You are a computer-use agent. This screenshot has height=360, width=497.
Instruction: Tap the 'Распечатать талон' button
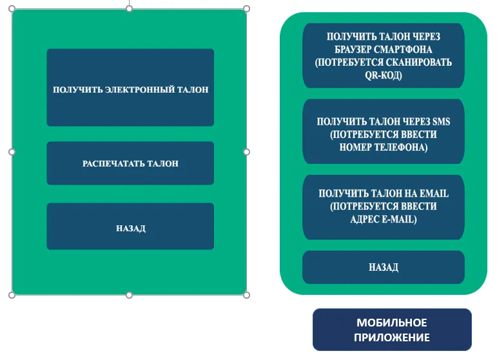click(x=130, y=163)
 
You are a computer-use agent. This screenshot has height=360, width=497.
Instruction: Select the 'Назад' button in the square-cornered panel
click(x=130, y=226)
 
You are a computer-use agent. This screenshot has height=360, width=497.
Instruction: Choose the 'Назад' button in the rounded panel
click(x=384, y=267)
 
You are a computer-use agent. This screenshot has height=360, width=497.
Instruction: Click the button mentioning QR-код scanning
click(x=384, y=56)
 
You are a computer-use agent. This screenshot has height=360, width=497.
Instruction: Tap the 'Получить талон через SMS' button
click(x=384, y=132)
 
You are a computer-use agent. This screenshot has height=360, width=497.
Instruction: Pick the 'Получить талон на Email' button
click(x=384, y=207)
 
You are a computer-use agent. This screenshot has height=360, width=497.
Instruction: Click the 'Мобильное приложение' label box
click(x=392, y=330)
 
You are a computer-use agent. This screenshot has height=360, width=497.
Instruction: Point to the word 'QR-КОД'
click(x=383, y=75)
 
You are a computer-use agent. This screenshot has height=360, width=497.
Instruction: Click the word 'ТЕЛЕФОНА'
click(x=405, y=148)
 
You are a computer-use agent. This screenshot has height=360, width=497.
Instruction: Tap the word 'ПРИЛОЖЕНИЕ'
click(x=392, y=337)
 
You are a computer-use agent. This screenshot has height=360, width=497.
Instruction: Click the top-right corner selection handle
click(x=246, y=9)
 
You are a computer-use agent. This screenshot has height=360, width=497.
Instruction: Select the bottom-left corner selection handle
click(x=12, y=295)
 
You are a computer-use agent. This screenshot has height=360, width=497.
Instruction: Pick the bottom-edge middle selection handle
click(x=129, y=295)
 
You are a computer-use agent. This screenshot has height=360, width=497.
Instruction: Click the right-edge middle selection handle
click(x=246, y=152)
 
